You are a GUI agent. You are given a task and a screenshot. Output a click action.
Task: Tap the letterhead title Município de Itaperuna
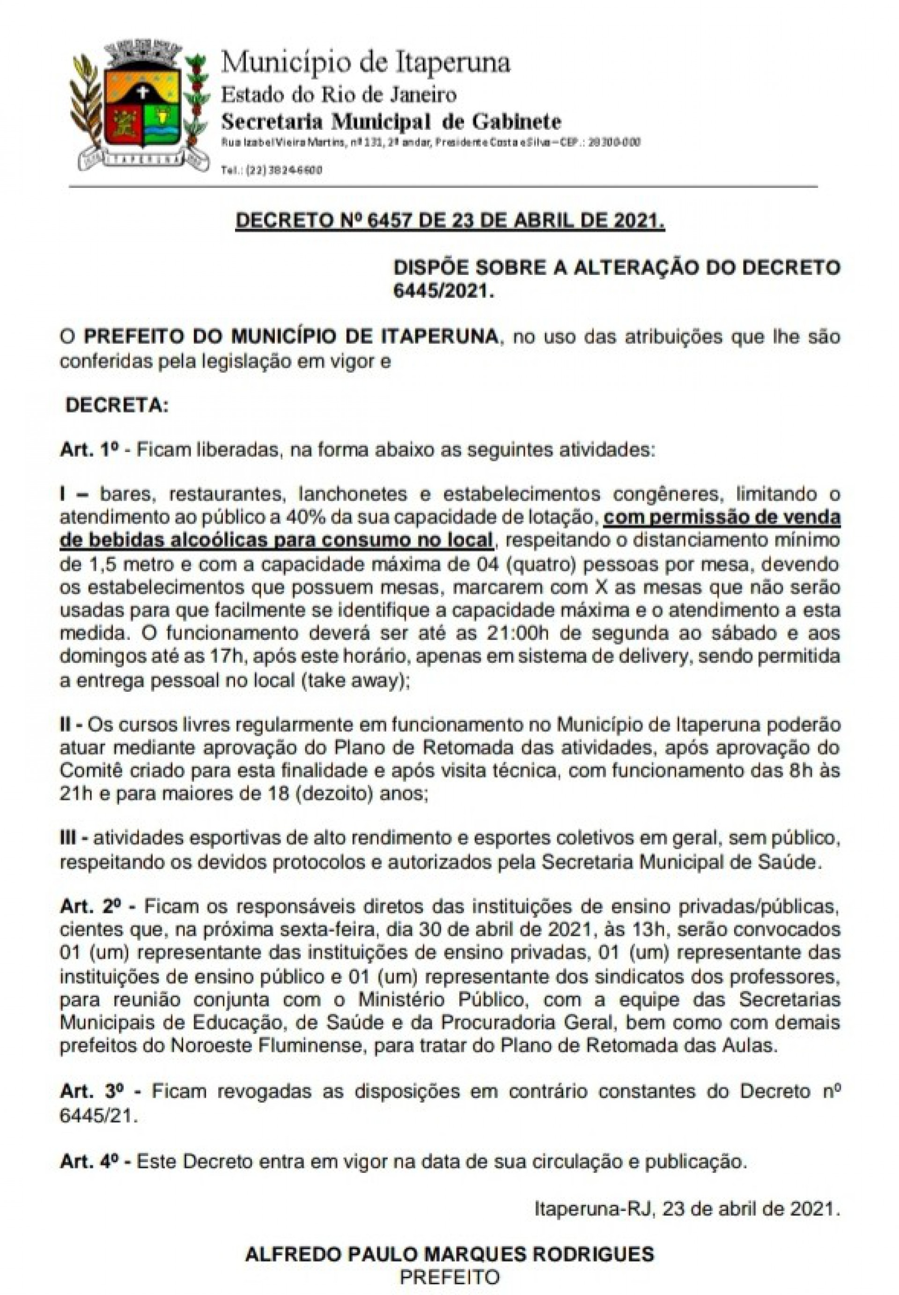[365, 63]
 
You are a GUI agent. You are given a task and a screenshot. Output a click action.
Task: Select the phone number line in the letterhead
[272, 170]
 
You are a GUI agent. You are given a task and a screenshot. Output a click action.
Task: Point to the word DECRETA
[117, 406]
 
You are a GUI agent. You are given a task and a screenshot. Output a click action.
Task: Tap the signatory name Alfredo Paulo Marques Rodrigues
[449, 1254]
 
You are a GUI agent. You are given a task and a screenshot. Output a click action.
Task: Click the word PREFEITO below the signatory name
[449, 1276]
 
